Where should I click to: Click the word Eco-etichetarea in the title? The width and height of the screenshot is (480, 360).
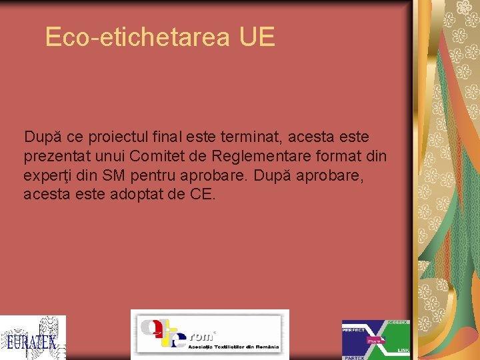click(x=137, y=37)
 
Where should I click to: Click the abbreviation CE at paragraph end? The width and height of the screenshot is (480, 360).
click(x=203, y=195)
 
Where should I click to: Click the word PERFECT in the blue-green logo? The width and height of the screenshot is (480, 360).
click(x=353, y=330)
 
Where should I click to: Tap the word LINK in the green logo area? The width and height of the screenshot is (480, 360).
click(x=403, y=350)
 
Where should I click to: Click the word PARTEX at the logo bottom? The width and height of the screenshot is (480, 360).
click(x=354, y=357)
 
